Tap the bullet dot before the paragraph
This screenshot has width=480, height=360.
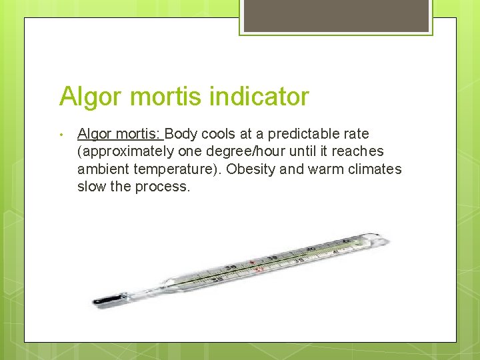coord(61,135)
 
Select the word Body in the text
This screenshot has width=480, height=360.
coord(189,134)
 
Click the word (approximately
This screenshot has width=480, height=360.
coord(125,152)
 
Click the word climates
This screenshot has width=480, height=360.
coord(374,169)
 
